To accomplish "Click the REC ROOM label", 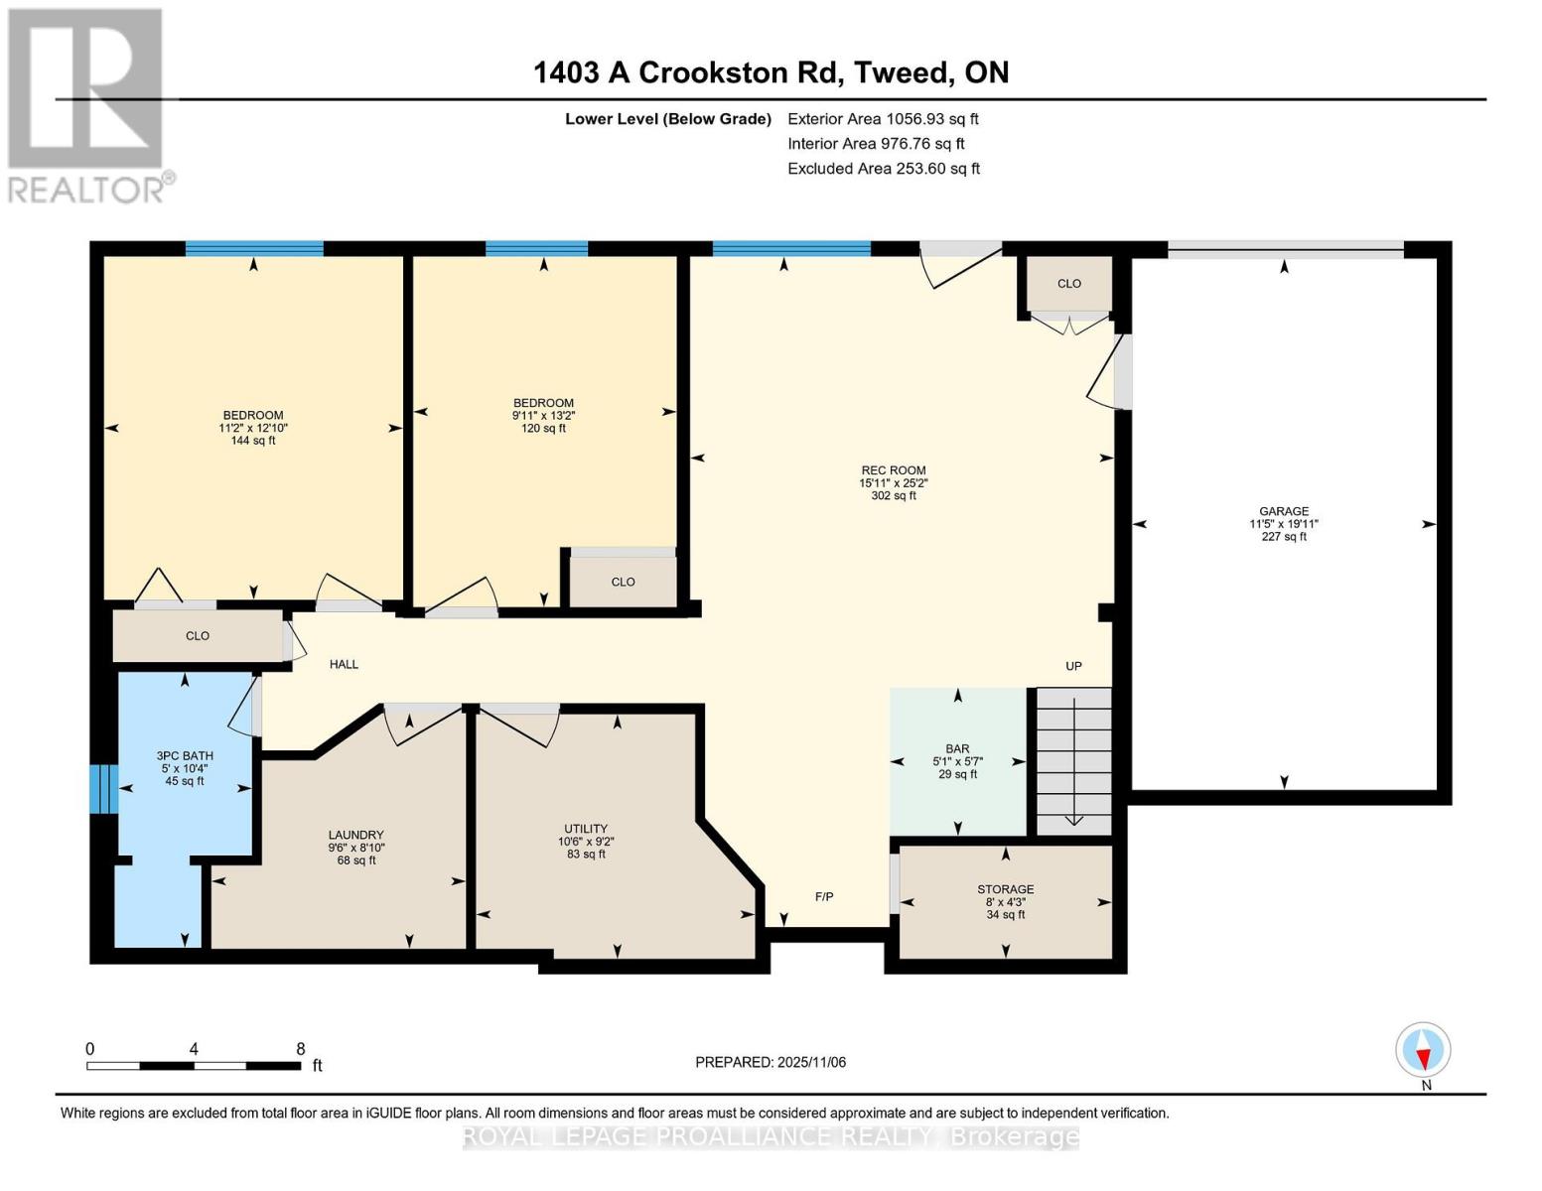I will (x=893, y=470).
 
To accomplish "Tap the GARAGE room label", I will (x=1284, y=511).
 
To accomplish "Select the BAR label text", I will (x=957, y=749).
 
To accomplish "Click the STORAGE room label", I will (x=1005, y=889).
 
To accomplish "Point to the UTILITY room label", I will (x=586, y=829).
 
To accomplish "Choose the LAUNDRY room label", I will (x=355, y=835).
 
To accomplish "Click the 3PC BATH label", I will (x=185, y=755).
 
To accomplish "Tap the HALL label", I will (x=344, y=664).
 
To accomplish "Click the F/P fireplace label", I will (x=824, y=896).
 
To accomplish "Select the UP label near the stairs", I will (x=1073, y=666).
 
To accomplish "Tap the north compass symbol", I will (x=1423, y=1050).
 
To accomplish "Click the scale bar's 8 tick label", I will (x=300, y=1049).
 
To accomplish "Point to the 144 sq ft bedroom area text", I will (x=253, y=441).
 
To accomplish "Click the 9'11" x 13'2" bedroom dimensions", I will (x=543, y=416).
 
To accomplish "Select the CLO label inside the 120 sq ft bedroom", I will (x=623, y=582).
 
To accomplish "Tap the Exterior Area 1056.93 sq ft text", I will (x=883, y=119).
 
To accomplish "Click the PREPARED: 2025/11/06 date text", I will (x=771, y=1062).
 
